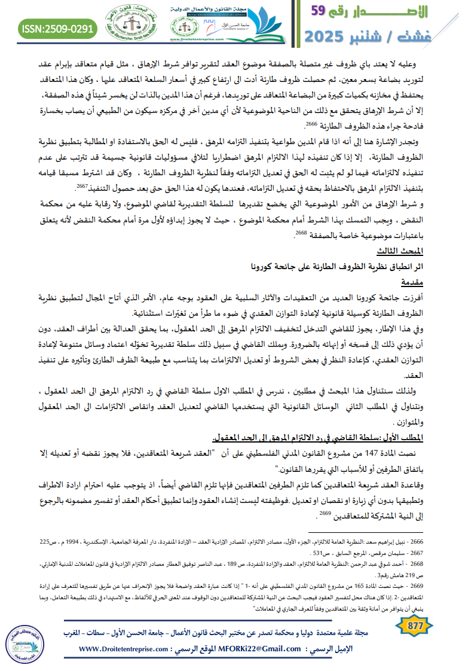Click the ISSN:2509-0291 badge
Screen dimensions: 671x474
pos(58,28)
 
